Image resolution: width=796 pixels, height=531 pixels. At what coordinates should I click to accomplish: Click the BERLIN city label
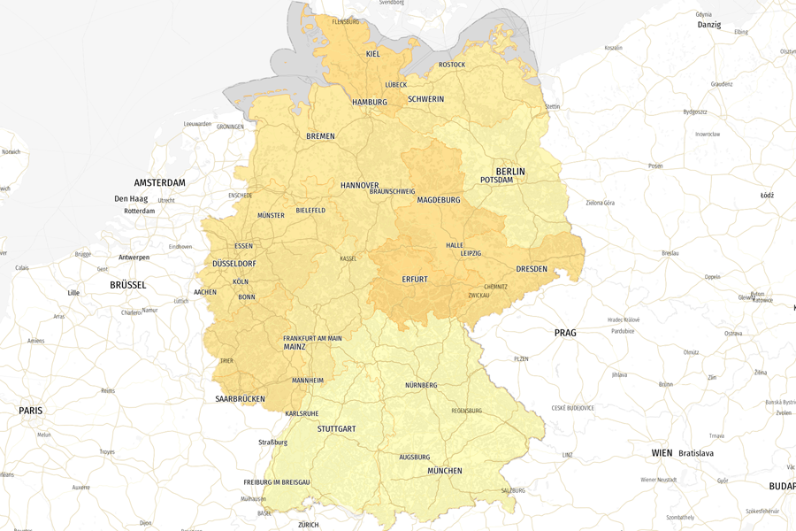point(510,172)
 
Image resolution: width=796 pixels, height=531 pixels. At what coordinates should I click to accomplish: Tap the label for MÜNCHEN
point(445,471)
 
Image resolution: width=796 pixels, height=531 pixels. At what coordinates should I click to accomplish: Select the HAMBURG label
point(370,103)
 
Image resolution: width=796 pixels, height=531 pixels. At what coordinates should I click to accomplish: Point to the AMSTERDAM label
point(160,183)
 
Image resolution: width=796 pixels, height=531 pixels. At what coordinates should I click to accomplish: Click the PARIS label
point(31,411)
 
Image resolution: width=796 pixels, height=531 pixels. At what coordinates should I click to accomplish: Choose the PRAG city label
point(565,334)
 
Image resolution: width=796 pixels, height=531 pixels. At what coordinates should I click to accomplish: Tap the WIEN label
point(662,453)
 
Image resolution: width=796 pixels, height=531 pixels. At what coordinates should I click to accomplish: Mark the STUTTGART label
point(336,429)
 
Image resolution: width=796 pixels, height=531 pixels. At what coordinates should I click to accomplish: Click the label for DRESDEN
point(532,269)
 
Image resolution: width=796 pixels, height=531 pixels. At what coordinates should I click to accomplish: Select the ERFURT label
point(415,280)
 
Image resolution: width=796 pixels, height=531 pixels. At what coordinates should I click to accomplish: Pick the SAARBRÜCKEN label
point(240,399)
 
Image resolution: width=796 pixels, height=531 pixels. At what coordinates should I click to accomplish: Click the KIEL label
point(373,55)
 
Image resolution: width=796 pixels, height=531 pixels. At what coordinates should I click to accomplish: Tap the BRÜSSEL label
point(128,286)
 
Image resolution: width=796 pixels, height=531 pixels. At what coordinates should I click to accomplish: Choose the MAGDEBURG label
point(439,200)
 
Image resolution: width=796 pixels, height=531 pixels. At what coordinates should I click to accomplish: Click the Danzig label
point(709,25)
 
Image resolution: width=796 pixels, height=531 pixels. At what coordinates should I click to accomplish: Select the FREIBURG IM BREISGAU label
point(277,482)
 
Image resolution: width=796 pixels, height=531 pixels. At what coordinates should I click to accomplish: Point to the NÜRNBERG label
point(421,385)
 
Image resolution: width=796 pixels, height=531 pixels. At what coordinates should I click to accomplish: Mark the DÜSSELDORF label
point(234,264)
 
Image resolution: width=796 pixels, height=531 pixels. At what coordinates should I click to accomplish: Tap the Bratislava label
point(696,453)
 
